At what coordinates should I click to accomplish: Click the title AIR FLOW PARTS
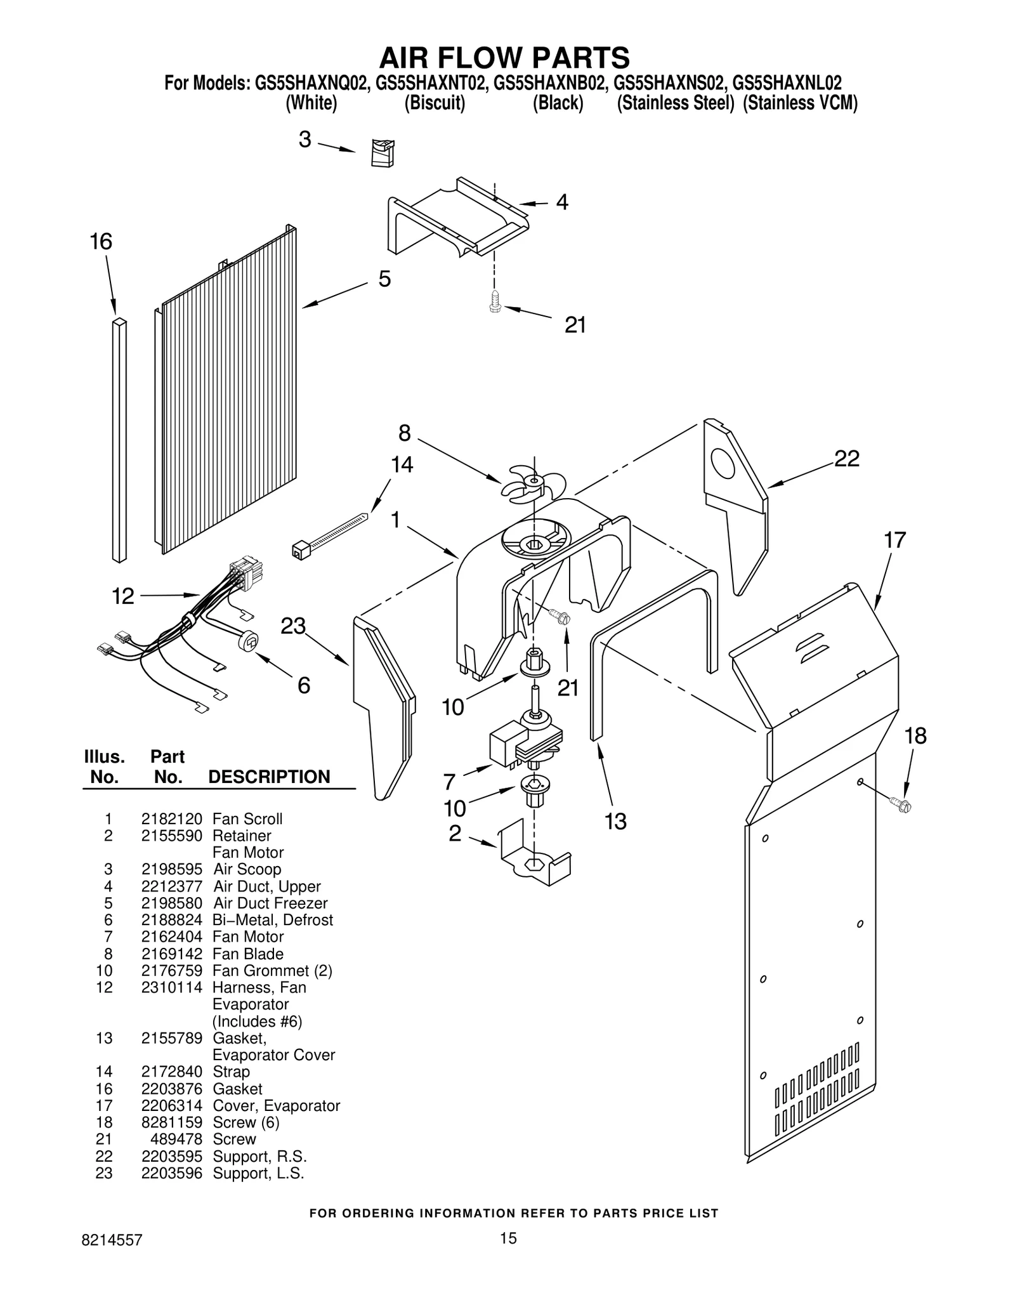tap(504, 57)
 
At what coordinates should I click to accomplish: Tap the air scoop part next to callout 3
tap(382, 153)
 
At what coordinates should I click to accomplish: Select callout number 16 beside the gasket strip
tap(101, 242)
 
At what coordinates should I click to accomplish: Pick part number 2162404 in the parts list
tap(171, 936)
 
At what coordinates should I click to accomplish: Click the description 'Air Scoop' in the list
tap(247, 869)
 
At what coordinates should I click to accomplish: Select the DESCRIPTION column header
tap(269, 777)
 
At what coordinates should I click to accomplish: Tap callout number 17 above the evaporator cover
tap(894, 540)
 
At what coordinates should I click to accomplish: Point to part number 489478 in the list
tap(176, 1139)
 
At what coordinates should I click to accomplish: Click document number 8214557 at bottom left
tap(112, 1240)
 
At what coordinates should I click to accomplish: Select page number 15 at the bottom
tap(507, 1238)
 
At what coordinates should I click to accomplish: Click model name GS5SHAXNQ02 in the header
tap(311, 83)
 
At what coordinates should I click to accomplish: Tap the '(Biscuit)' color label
tap(435, 103)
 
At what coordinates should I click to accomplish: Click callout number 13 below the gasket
tap(615, 821)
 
